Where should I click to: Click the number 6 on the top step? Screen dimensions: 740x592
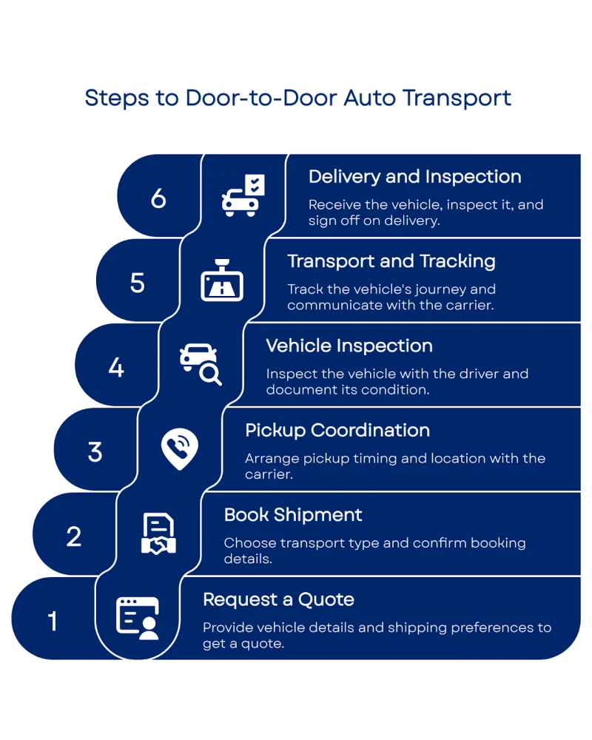pos(158,198)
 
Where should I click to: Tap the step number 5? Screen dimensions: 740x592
pos(138,283)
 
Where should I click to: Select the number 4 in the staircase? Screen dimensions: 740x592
pos(116,367)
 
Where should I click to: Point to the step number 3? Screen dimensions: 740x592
pos(95,451)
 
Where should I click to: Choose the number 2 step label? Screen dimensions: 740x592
pos(74,536)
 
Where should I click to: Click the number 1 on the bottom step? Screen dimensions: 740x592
pos(53,621)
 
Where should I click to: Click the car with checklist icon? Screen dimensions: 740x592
pos(243,196)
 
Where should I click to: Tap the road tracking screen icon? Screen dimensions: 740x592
pos(222,280)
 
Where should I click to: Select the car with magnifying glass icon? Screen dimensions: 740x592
pos(201,365)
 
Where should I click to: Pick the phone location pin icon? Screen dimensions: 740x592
pos(180,449)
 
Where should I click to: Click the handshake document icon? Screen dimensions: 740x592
pos(158,534)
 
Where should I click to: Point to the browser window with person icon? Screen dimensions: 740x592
pos(138,619)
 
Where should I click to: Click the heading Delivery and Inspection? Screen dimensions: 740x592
pos(414,177)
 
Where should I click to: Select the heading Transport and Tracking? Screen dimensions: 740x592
pos(391,261)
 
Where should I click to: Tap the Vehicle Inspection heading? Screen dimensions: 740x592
pos(349,346)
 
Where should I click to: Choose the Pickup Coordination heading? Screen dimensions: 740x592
pos(337,430)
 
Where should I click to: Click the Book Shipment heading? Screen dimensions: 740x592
pos(293,514)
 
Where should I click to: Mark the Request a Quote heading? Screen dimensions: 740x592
pos(278,599)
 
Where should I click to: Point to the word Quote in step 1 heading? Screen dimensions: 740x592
pos(326,599)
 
